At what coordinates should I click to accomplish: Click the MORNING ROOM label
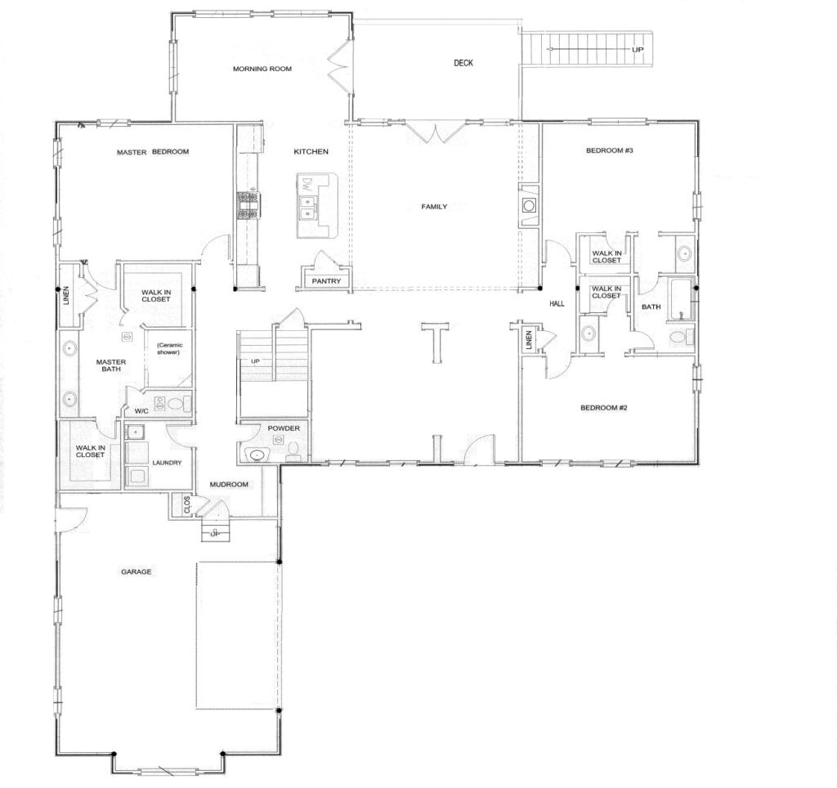(262, 69)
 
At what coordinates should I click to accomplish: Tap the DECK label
(463, 63)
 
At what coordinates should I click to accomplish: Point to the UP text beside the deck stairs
(638, 50)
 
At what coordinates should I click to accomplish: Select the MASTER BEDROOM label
(153, 152)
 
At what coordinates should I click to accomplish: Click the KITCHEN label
(311, 151)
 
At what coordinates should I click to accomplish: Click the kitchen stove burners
(248, 205)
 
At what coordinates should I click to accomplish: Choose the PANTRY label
(326, 281)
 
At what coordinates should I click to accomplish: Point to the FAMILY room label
(434, 207)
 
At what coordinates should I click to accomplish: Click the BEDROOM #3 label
(610, 150)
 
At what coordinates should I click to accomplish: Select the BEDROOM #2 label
(604, 408)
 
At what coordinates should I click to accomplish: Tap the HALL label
(557, 304)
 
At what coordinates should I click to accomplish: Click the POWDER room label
(284, 428)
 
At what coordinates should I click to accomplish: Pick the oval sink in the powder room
(257, 455)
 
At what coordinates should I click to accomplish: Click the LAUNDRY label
(167, 463)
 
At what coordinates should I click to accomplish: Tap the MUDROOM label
(229, 484)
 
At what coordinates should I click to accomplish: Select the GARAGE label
(137, 571)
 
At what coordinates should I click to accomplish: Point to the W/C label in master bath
(141, 411)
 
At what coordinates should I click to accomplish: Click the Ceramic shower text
(169, 348)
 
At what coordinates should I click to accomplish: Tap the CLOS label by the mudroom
(187, 505)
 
